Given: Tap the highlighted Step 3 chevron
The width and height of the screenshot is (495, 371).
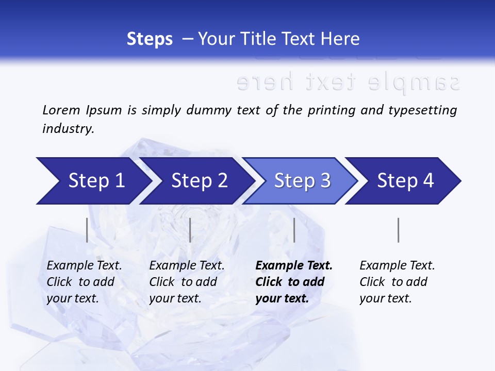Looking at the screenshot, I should [x=302, y=181].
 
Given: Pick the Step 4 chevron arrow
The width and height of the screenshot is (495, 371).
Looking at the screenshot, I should [x=405, y=181].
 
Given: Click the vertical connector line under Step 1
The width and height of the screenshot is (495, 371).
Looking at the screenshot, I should [x=87, y=230].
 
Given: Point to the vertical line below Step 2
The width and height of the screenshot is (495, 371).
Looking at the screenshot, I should [x=190, y=230].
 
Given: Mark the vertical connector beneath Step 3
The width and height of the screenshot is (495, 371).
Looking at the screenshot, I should [x=294, y=230].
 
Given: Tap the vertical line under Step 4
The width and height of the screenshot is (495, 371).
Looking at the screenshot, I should [x=398, y=230].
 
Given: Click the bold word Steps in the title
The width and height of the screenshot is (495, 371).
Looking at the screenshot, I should [x=150, y=39].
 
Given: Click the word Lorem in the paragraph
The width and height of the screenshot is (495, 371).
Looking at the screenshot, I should [x=61, y=110].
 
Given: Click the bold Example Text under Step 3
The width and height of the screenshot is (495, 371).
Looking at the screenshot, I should [x=294, y=266].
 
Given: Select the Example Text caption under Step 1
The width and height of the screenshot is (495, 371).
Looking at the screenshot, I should [x=84, y=266].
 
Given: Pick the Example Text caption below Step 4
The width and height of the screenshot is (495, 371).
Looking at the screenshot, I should [x=397, y=266].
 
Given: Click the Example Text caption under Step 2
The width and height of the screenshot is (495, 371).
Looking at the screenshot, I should [x=187, y=266].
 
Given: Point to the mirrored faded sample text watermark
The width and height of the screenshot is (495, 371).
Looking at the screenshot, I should [x=348, y=82].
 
